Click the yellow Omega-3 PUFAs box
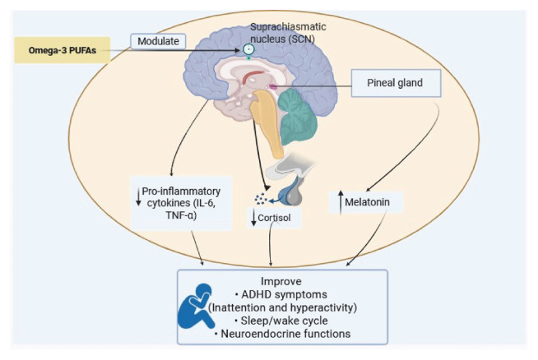(62, 50)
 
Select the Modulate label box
(158, 41)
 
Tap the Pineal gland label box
(396, 83)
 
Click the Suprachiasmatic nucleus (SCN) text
(288, 33)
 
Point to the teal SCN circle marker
(248, 49)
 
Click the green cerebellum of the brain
(297, 117)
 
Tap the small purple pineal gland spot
(273, 86)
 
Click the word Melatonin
(367, 202)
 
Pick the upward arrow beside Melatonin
(341, 202)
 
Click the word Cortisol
(274, 218)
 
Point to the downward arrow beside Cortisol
(254, 219)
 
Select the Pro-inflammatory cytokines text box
(181, 203)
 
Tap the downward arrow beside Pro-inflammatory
(138, 197)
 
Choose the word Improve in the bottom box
(281, 281)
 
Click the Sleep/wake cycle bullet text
(281, 321)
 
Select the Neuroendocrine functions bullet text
(282, 334)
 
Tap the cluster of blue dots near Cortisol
(261, 199)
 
